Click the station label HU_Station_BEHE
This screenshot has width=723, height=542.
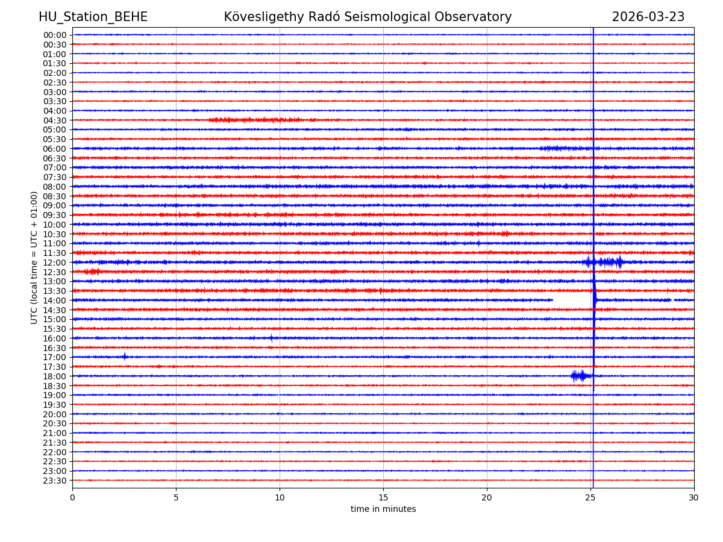[93, 17]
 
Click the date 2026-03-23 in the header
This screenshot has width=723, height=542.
[648, 17]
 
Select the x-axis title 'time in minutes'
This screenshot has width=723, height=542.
[383, 509]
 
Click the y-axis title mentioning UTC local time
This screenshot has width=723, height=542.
[34, 257]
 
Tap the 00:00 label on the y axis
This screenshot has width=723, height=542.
[54, 35]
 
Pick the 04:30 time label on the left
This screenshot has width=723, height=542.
[54, 120]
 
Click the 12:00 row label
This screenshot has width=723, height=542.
[54, 263]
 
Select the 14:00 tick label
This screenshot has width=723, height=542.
[54, 301]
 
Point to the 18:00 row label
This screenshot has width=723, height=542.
[54, 376]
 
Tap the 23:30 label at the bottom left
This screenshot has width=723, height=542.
[54, 481]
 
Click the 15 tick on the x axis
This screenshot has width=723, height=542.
[383, 498]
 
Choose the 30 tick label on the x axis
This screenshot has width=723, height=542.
[694, 498]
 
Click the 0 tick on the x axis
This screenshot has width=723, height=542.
[72, 498]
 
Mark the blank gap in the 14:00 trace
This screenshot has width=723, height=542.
[572, 300]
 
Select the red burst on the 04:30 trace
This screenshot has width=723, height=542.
[253, 120]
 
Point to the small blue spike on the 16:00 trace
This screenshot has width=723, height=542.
[271, 338]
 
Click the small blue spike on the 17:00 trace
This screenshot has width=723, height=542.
[125, 357]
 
